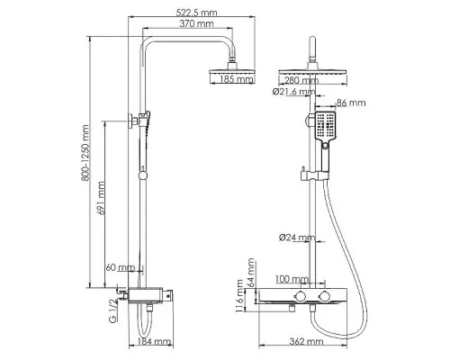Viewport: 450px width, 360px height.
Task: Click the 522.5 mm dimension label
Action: click(196, 13)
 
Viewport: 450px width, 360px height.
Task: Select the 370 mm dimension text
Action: click(196, 23)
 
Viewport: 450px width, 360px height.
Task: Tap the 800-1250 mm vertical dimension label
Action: click(85, 153)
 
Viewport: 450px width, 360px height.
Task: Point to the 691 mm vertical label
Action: click(102, 198)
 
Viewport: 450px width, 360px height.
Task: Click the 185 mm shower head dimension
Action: click(237, 79)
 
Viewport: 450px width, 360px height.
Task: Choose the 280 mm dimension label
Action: click(301, 80)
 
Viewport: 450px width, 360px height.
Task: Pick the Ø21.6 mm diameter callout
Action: click(293, 92)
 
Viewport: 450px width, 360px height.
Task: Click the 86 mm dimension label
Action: click(351, 103)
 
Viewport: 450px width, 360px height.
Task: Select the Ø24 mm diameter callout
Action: click(297, 238)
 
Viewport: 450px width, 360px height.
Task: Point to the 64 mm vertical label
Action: click(250, 273)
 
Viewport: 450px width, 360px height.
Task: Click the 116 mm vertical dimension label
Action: click(239, 296)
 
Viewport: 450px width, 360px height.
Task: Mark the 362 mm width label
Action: click(306, 341)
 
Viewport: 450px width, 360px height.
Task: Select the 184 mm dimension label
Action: click(154, 341)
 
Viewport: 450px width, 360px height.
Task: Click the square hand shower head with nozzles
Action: click(325, 125)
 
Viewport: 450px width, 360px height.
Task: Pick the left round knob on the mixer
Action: click(300, 295)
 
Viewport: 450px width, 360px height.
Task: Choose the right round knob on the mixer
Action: click(324, 295)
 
